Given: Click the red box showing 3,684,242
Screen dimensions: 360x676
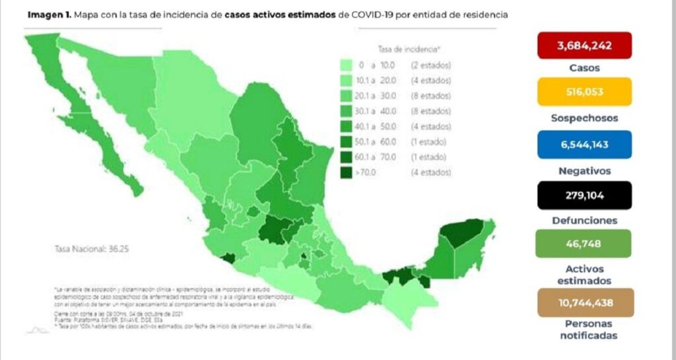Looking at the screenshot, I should [585, 46].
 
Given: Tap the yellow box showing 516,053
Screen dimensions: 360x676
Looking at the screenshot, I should [585, 92].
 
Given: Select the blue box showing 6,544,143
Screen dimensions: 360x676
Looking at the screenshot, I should [585, 144].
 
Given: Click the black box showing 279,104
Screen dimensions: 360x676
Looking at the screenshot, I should [585, 196].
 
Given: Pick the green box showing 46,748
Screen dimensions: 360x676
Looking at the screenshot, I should [585, 243].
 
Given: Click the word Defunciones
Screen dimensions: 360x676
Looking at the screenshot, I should [585, 221].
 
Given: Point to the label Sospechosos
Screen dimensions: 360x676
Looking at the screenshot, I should [585, 118].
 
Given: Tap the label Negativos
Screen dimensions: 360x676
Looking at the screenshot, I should [585, 170].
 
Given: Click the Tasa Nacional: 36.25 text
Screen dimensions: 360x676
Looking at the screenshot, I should [88, 250].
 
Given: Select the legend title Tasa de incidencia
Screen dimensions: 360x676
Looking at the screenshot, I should [409, 50].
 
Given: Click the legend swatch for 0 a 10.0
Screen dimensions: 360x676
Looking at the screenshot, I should [345, 65].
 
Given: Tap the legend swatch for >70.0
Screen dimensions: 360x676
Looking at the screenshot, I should [345, 172].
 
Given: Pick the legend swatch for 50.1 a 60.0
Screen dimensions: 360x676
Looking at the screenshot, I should [345, 142].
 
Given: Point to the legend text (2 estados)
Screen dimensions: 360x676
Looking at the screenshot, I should [431, 65].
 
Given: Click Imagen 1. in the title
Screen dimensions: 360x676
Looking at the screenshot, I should [50, 14].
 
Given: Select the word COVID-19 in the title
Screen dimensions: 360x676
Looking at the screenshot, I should [362, 14].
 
